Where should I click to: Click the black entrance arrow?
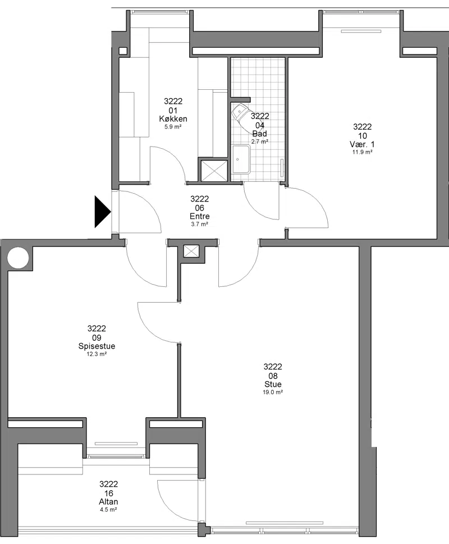102,212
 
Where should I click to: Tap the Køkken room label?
173,119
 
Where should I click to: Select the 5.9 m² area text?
173,127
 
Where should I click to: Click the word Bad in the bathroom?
260,134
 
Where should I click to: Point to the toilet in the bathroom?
240,113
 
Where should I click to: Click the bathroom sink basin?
241,159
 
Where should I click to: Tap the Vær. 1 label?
362,144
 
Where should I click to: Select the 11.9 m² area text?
363,152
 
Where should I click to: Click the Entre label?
199,216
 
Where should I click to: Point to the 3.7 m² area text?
199,225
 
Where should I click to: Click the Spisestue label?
97,346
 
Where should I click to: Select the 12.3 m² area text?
97,354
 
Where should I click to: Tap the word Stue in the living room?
273,384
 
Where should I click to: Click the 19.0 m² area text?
273,392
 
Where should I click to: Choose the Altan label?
108,502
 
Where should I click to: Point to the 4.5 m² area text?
108,510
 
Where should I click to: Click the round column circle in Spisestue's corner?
18,258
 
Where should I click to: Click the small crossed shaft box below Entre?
191,251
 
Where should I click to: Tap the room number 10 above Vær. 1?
363,136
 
